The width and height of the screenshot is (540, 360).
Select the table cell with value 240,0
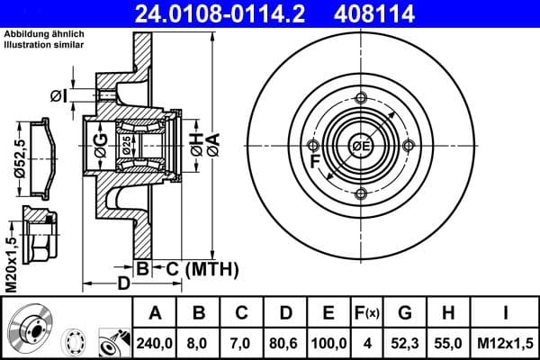tap(154, 342)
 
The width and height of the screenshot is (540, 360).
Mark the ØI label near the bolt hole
tap(58, 95)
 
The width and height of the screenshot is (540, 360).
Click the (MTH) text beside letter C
tap(211, 268)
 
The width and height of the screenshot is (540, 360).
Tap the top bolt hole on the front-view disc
tap(361, 98)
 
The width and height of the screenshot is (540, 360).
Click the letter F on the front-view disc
tap(314, 163)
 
